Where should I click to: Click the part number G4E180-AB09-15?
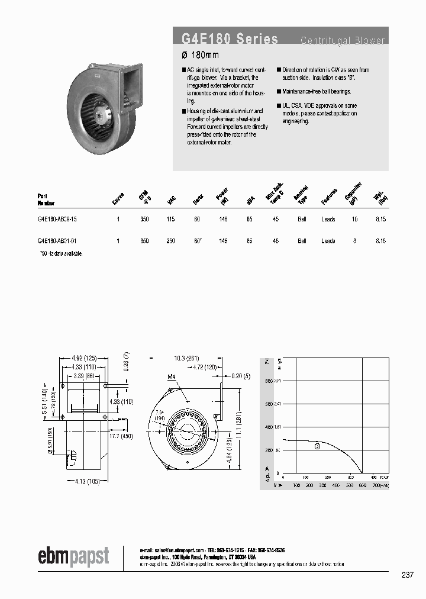[57, 219]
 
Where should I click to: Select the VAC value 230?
[171, 241]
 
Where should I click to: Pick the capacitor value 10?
[355, 219]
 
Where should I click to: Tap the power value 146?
[223, 219]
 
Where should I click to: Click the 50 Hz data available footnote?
[61, 253]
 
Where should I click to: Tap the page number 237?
[407, 575]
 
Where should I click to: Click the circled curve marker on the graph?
[318, 446]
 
